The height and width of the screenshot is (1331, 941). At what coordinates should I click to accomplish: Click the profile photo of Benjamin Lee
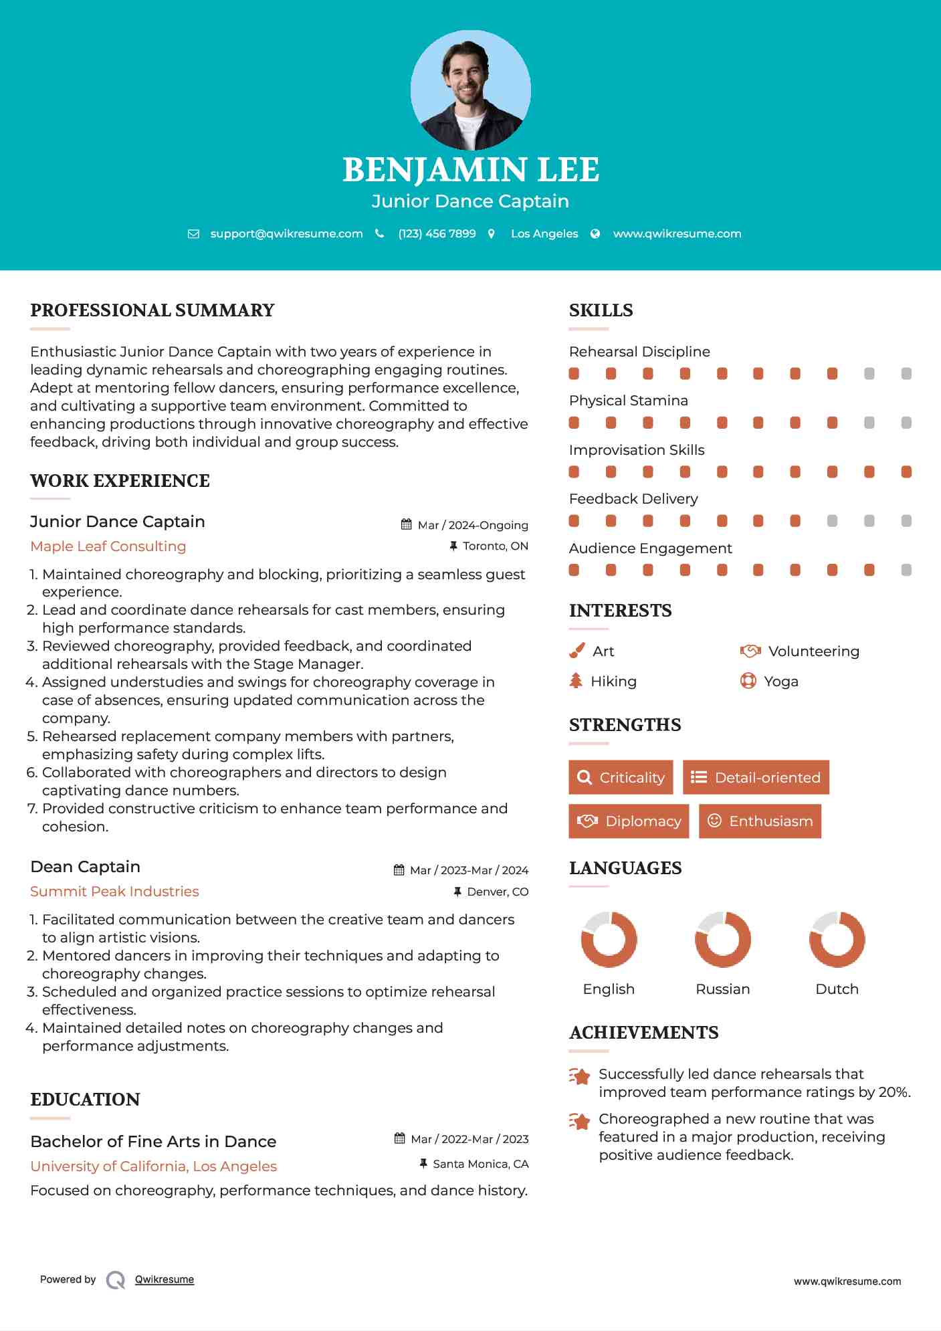[470, 90]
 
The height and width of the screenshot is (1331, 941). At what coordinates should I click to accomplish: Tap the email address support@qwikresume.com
[286, 233]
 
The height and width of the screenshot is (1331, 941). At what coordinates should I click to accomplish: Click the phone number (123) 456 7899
[437, 233]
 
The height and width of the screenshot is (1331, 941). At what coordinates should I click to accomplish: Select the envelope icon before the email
[193, 234]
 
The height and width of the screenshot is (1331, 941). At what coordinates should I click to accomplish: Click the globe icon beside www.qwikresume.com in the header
[595, 234]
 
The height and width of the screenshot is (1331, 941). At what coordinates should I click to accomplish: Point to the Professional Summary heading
[152, 310]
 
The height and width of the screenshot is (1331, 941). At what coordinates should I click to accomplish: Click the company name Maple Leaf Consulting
[108, 546]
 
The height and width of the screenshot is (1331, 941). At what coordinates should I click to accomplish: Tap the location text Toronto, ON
[495, 546]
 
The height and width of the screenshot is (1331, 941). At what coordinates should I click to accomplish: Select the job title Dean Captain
[86, 867]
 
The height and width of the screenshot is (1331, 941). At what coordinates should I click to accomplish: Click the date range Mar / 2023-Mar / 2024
[468, 870]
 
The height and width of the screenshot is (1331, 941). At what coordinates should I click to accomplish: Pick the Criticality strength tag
[621, 777]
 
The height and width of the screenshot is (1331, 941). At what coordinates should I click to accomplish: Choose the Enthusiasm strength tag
[760, 821]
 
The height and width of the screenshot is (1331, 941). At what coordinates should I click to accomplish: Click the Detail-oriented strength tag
[756, 777]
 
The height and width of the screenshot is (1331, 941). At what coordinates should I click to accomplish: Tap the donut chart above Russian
[723, 939]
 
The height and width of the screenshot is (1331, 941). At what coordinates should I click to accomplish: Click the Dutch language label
[837, 989]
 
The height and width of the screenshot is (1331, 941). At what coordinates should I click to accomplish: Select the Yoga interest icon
[748, 681]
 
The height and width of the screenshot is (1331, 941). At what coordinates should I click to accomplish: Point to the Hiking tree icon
[576, 681]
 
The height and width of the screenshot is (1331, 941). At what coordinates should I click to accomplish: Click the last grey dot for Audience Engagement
[906, 570]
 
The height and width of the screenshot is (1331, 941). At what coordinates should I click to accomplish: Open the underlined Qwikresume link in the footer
[165, 1279]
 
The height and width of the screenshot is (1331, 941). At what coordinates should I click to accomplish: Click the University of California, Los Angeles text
[154, 1166]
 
